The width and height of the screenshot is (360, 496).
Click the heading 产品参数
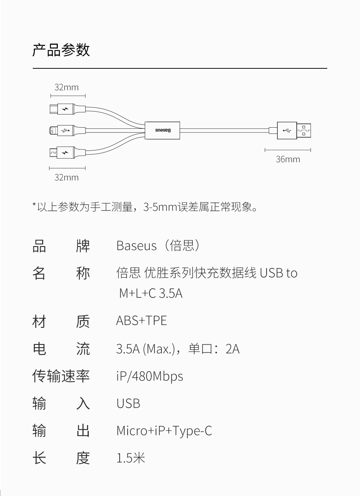click(61, 50)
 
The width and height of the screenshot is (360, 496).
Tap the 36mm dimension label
click(288, 159)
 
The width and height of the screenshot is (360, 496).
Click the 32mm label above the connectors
click(67, 87)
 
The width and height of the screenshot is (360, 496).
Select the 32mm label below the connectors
click(67, 177)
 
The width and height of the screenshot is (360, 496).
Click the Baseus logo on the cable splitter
click(163, 130)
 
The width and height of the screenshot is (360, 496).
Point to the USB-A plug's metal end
click(304, 131)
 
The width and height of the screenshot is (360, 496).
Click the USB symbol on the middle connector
click(65, 130)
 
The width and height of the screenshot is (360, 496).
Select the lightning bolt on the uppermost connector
click(65, 109)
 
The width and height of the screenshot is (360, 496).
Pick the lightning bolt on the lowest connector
click(65, 152)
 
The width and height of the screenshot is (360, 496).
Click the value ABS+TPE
click(141, 321)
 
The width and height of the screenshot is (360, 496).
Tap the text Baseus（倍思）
click(158, 246)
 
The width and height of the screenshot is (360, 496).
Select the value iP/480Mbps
click(149, 376)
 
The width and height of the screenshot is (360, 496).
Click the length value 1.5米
click(131, 458)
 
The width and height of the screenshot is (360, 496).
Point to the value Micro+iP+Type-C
click(164, 431)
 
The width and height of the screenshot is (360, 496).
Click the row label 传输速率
click(61, 376)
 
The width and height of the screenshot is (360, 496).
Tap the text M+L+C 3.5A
click(151, 293)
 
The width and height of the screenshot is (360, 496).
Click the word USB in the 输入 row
click(128, 403)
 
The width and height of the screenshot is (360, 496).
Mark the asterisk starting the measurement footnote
click(34, 206)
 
